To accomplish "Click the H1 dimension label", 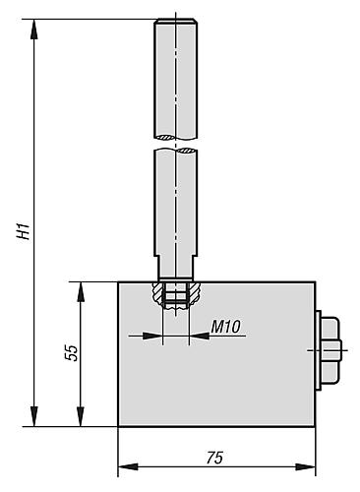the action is tap(25, 231).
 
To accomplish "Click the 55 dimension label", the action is tap(72, 353).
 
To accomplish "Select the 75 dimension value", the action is tap(215, 458).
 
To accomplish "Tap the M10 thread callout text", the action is tap(225, 327).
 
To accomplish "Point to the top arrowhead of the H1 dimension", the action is tap(34, 30).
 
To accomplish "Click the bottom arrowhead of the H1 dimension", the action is tap(34, 416).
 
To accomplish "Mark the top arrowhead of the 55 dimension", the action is tap(81, 292).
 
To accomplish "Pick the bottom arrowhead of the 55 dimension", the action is tap(81, 416).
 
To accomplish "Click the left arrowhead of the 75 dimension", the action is tap(128, 466).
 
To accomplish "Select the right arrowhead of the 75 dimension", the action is tap(305, 466).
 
